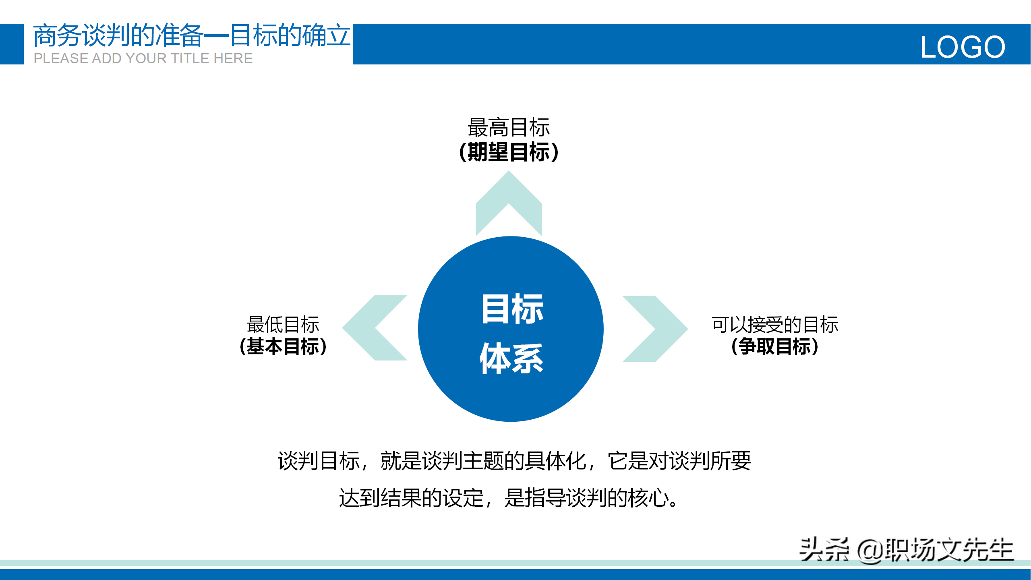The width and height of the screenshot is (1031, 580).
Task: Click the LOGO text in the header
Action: pyautogui.click(x=963, y=47)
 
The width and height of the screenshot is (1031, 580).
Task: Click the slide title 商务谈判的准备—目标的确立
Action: pyautogui.click(x=192, y=35)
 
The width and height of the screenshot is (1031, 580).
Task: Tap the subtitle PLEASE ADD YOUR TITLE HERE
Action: pyautogui.click(x=143, y=58)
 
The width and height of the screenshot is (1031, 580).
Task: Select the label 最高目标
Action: pyautogui.click(x=509, y=127)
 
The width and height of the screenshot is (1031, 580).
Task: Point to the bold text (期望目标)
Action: pyautogui.click(x=509, y=152)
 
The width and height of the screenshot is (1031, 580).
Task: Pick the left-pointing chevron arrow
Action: pyautogui.click(x=375, y=327)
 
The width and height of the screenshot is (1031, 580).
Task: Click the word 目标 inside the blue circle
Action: pyautogui.click(x=512, y=309)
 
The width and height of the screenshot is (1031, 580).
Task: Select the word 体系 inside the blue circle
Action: pyautogui.click(x=511, y=358)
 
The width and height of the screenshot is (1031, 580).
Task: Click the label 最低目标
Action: pyautogui.click(x=283, y=324)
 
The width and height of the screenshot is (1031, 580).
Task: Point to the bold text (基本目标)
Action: pyautogui.click(x=283, y=346)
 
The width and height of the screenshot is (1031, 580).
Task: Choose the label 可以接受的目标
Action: pyautogui.click(x=775, y=324)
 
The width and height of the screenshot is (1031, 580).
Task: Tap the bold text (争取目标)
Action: pyautogui.click(x=775, y=346)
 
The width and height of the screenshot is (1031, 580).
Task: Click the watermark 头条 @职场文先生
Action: pyautogui.click(x=906, y=550)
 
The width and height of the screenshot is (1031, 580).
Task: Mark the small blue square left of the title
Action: pyautogui.click(x=12, y=44)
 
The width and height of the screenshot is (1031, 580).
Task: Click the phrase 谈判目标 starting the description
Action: pyautogui.click(x=319, y=461)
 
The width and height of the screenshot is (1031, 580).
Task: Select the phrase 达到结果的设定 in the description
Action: pyautogui.click(x=411, y=498)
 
